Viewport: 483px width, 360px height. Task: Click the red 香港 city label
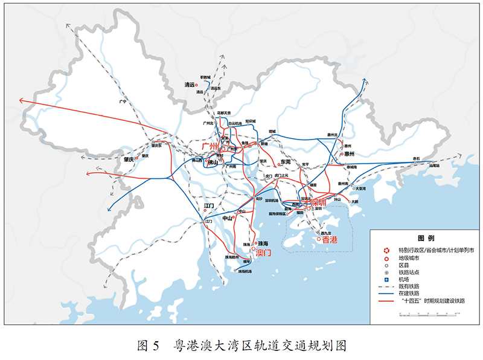[330, 240]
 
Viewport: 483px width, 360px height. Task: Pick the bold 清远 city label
[192, 85]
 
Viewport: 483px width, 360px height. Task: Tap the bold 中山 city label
[228, 218]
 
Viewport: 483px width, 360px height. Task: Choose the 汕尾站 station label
[433, 165]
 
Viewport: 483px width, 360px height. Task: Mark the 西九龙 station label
[326, 233]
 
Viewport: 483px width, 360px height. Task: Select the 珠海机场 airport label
[245, 271]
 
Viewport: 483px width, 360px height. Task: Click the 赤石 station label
[415, 158]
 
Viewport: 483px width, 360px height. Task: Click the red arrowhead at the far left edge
[22, 100]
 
